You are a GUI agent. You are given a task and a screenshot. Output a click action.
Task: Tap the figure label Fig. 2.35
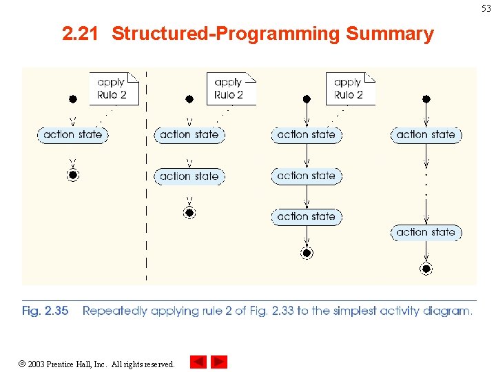[45, 311]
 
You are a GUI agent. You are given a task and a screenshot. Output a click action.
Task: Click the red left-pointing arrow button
[198, 362]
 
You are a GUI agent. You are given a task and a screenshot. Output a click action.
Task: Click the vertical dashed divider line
[146, 207]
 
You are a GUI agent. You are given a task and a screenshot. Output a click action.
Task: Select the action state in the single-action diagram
[72, 134]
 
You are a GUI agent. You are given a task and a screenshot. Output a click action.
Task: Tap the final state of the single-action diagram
[73, 175]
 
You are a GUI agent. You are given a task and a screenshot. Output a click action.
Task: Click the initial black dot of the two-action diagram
[189, 99]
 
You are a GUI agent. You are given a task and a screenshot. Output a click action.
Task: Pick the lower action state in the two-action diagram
[189, 176]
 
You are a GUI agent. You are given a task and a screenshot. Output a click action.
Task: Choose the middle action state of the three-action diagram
[307, 176]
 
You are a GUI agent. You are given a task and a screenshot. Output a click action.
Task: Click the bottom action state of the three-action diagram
[307, 216]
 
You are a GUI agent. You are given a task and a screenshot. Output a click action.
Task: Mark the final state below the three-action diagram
[307, 253]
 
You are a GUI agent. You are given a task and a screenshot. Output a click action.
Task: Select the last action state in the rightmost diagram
[426, 232]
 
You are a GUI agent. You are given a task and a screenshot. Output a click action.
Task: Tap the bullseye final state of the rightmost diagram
[426, 269]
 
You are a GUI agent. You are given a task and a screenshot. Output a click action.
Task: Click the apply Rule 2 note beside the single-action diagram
[113, 89]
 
